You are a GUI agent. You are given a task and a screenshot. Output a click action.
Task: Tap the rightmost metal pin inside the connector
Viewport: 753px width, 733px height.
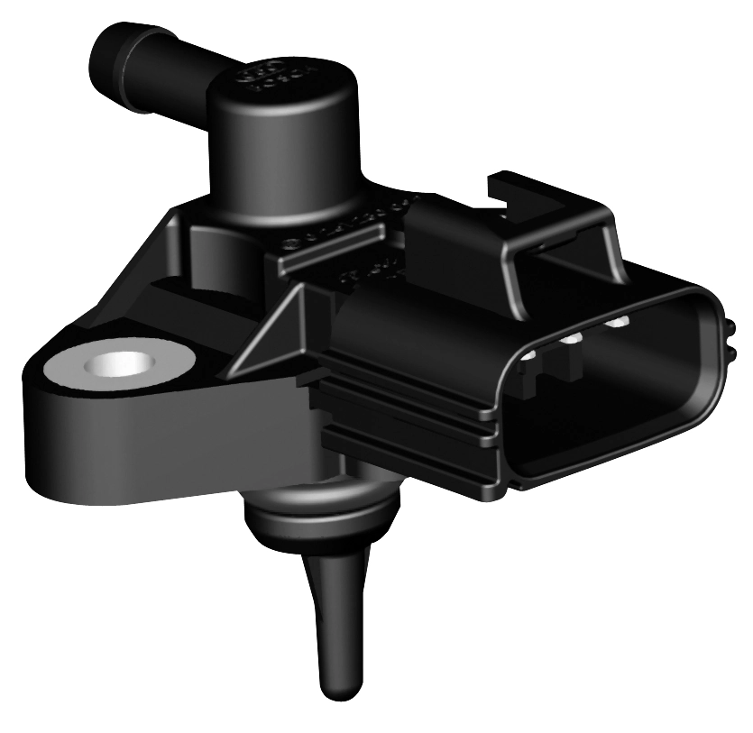tap(618, 321)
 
